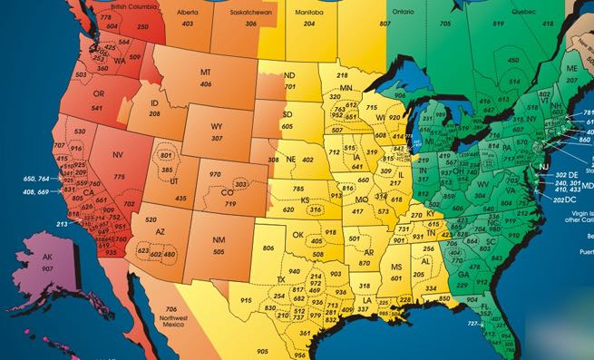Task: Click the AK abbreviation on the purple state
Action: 47,257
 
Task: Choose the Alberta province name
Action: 188,14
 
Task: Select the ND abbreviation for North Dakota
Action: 288,75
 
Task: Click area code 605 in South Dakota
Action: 287,126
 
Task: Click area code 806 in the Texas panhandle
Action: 268,248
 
